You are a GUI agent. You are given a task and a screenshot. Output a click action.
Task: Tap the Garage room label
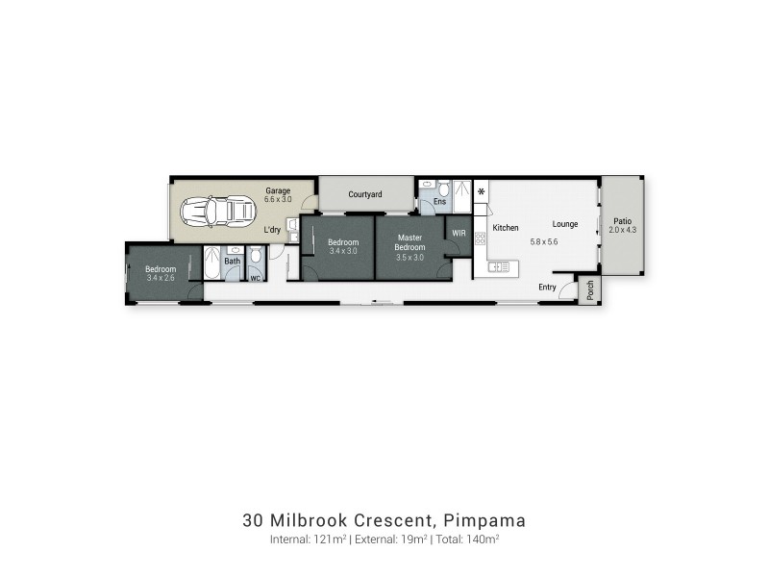(278, 191)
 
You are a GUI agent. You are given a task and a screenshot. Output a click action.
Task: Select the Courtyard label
(365, 194)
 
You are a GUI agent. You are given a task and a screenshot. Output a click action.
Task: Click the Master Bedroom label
(411, 242)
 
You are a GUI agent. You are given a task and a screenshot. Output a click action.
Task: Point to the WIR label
(459, 232)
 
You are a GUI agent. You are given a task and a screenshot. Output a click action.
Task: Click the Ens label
(439, 202)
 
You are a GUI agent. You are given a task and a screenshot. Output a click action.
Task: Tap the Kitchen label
(506, 228)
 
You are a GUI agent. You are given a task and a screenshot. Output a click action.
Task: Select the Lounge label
(565, 224)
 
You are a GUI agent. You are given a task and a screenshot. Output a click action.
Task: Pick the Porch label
(590, 288)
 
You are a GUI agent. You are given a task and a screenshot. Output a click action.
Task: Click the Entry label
(547, 287)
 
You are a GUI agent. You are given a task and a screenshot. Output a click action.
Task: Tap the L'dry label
(272, 232)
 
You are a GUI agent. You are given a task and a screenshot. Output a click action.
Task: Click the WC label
(256, 279)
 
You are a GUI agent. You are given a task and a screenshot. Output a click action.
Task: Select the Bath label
(232, 261)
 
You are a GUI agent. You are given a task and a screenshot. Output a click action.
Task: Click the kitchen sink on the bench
(498, 267)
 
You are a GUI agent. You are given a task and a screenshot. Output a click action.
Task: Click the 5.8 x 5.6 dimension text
(544, 241)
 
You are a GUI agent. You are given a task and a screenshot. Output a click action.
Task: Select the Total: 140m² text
(470, 540)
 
